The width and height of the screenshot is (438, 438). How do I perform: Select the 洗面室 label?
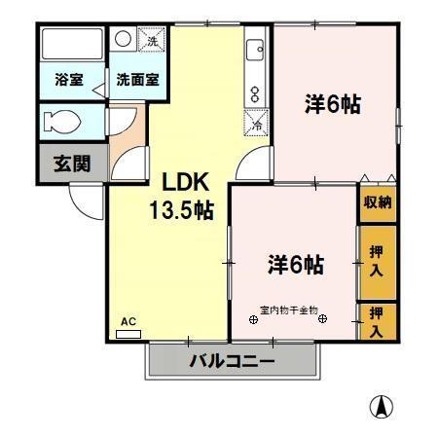137,80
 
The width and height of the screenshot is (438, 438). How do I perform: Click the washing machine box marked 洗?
152,41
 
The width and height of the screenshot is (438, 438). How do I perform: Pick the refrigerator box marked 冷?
257,124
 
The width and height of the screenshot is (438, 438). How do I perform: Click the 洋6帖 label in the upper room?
333,103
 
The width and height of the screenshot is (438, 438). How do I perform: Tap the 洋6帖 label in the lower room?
296,263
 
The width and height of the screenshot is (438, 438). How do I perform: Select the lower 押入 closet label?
378,322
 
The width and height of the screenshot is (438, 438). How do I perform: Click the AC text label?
128,320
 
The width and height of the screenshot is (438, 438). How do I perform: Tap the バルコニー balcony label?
232,361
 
